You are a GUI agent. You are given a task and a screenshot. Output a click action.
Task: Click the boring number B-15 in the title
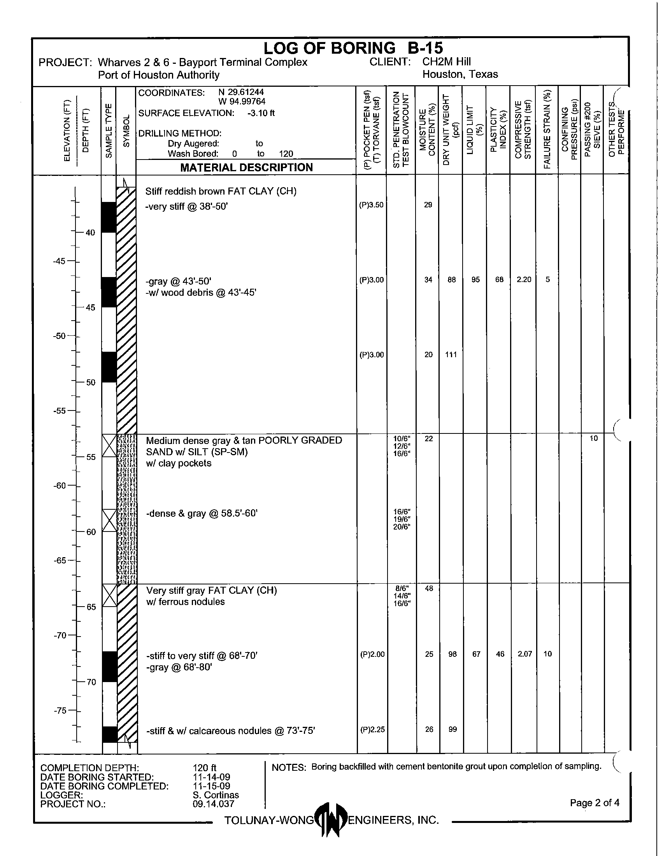coord(425,48)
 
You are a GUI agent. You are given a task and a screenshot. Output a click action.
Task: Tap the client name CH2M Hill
coord(446,61)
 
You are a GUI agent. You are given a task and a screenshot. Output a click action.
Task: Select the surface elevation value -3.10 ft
coord(261,113)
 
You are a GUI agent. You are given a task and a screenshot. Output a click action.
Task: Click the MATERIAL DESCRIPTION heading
coord(246,167)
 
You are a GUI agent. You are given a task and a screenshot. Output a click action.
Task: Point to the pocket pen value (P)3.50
coord(371,205)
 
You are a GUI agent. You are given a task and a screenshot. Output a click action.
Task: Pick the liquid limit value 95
coord(475,280)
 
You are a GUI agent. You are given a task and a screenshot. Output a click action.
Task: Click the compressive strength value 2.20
coord(524,279)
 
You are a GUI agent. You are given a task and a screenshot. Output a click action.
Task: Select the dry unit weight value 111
coord(451,355)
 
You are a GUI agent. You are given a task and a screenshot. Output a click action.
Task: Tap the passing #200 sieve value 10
coord(594,438)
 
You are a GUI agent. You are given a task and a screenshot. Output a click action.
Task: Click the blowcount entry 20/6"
coord(402,527)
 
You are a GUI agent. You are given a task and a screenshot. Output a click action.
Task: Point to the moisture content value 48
coord(429,588)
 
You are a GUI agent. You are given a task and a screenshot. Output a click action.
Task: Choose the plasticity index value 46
coord(500,654)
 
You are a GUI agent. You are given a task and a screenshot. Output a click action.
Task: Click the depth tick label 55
coord(91,457)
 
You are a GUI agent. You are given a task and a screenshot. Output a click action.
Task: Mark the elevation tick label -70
coord(60,635)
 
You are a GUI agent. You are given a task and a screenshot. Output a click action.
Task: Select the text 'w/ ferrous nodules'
coord(185,602)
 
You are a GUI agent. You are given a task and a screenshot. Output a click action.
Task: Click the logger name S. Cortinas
coord(216,795)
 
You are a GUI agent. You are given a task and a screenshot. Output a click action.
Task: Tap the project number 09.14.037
coord(213,804)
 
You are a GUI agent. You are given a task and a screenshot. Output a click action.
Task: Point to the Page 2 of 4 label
coord(595,803)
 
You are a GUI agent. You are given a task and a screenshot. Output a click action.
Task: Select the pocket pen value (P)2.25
coord(372,730)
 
